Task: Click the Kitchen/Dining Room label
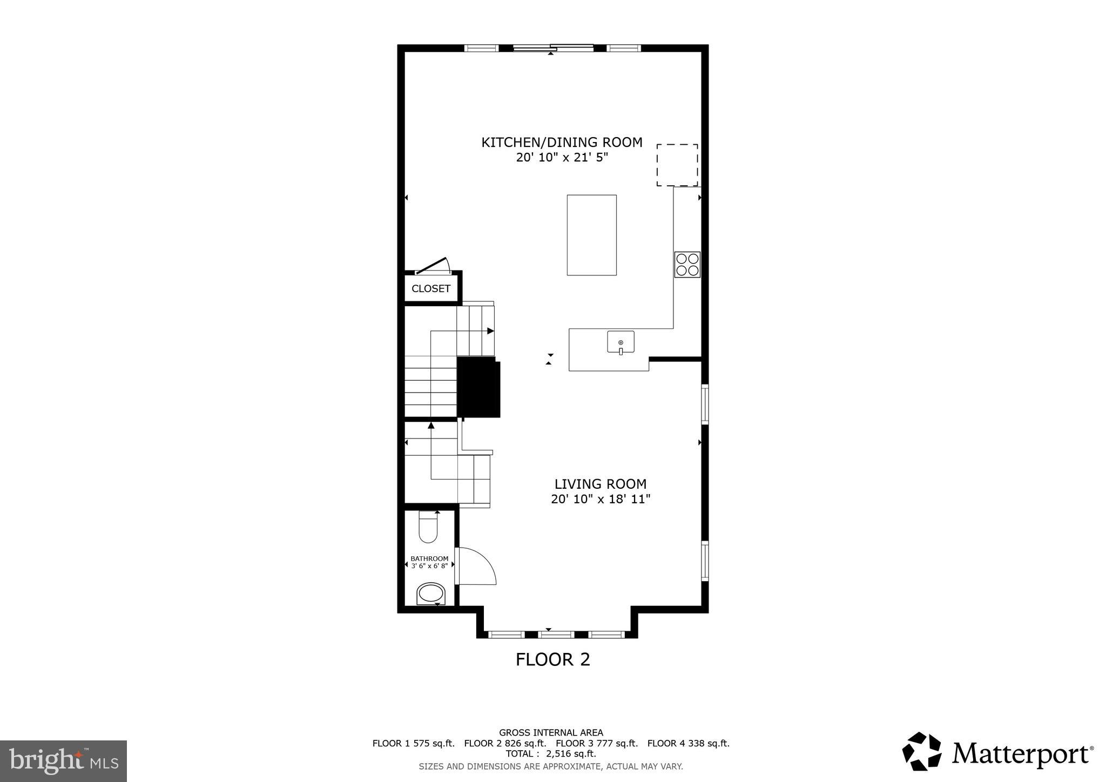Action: (562, 143)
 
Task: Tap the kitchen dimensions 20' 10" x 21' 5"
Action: (562, 158)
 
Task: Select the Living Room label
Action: (600, 484)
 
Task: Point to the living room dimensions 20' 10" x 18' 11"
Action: (600, 499)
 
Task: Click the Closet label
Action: (430, 288)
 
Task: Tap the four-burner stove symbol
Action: (687, 265)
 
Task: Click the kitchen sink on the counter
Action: (621, 342)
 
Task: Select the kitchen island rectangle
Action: (591, 235)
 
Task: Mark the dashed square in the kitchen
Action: (677, 165)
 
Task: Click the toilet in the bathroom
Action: (428, 527)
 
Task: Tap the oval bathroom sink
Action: (430, 594)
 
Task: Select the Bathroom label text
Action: (429, 558)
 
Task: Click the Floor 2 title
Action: (552, 659)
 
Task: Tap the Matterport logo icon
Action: (921, 751)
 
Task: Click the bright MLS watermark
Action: (63, 761)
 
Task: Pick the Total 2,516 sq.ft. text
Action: (550, 754)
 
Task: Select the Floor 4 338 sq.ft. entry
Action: (688, 743)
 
